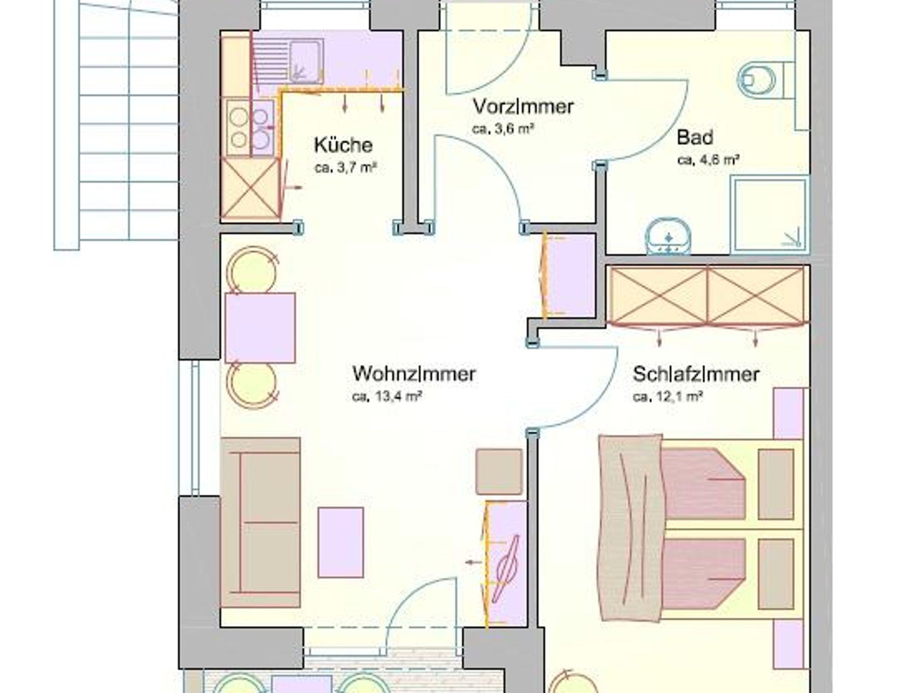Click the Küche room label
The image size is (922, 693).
pos(343,145)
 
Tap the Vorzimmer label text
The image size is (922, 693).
pos(523,106)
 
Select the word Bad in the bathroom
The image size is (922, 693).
pos(695,137)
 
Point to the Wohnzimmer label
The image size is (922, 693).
pos(414,374)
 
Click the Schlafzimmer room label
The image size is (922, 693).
pos(696,374)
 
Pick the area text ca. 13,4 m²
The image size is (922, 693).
pos(387,397)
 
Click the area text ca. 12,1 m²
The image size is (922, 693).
pos(668,397)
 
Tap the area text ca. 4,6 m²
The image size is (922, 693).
pos(709,160)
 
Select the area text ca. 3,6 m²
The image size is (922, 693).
pos(503,129)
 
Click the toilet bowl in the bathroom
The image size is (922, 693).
pos(756,80)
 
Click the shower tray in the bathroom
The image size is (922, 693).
pos(769,214)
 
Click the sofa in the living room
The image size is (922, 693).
pos(260,523)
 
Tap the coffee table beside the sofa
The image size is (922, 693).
pos(341,543)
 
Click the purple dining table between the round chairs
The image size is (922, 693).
pos(260,328)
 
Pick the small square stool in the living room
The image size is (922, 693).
pos(499,471)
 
